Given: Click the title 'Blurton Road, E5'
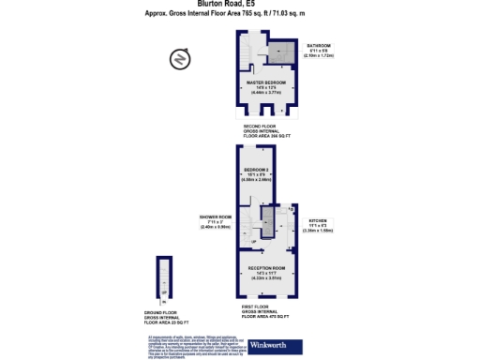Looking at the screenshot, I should pyautogui.click(x=239, y=4).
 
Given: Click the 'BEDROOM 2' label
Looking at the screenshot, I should pyautogui.click(x=257, y=170).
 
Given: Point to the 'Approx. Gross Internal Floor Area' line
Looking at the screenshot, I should pyautogui.click(x=239, y=13).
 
